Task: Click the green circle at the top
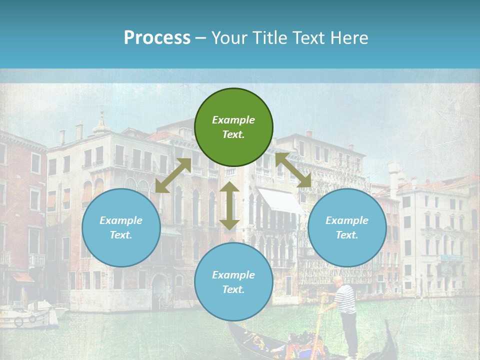pyautogui.click(x=233, y=127)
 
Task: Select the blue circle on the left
pyautogui.click(x=121, y=227)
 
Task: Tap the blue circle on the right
pyautogui.click(x=347, y=227)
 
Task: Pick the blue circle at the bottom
pyautogui.click(x=233, y=282)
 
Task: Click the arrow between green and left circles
pyautogui.click(x=173, y=175)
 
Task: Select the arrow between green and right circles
pyautogui.click(x=293, y=170)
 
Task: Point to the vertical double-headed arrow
pyautogui.click(x=229, y=205)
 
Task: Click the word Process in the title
pyautogui.click(x=157, y=38)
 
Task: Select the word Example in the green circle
pyautogui.click(x=233, y=120)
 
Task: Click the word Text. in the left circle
pyautogui.click(x=121, y=235)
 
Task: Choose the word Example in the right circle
pyautogui.click(x=347, y=220)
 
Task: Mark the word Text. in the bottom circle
pyautogui.click(x=233, y=289)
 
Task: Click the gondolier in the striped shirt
pyautogui.click(x=346, y=310)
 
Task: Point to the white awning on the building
pyautogui.click(x=280, y=200)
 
